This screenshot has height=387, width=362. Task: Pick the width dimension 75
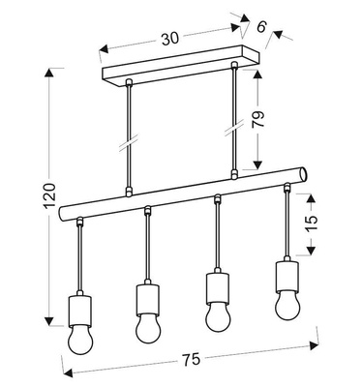191,359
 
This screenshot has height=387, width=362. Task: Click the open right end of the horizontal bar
304,174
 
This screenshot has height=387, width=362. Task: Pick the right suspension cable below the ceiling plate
234,121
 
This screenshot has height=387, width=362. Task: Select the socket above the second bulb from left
146,296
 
